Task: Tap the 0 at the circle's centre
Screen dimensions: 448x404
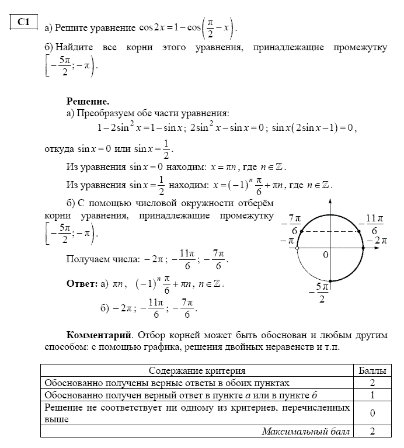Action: [326, 255]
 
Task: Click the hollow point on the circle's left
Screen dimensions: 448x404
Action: [297, 248]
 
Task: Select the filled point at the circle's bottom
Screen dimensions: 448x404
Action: [330, 281]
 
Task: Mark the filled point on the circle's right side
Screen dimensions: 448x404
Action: [363, 248]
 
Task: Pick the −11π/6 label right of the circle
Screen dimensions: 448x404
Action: [374, 224]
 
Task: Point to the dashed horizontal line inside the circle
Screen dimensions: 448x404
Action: [330, 231]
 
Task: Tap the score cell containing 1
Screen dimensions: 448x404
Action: [372, 395]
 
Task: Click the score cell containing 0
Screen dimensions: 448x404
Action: [372, 413]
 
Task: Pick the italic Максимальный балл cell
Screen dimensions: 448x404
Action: [306, 432]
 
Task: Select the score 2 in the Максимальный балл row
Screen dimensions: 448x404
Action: [372, 432]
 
